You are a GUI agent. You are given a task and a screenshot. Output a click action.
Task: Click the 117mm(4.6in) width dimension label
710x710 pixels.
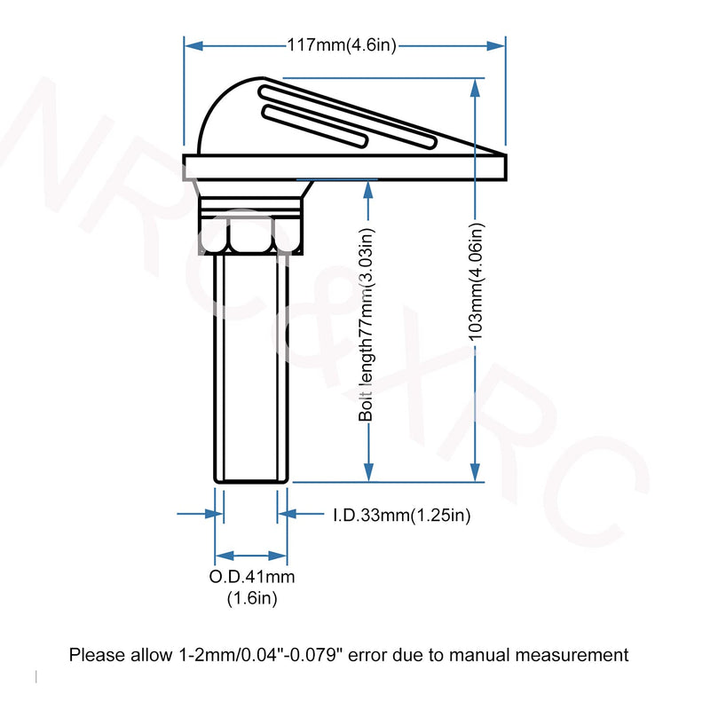click(x=342, y=45)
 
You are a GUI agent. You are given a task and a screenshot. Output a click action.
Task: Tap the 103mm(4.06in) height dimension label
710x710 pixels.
click(x=476, y=281)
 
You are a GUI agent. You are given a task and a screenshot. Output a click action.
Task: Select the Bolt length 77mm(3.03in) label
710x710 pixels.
click(x=367, y=324)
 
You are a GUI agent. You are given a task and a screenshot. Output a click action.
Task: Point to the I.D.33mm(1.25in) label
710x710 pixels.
click(x=402, y=515)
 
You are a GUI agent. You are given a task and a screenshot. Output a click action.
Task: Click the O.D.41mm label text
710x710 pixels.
click(x=252, y=576)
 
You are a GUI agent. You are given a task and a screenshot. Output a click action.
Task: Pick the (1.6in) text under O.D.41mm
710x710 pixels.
click(x=252, y=598)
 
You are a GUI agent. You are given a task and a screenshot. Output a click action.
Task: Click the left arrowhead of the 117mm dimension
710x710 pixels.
click(x=193, y=46)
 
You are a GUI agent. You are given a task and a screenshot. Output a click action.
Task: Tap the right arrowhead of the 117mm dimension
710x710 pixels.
click(x=495, y=46)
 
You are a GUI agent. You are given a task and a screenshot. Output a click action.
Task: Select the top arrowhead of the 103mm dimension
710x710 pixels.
click(x=475, y=88)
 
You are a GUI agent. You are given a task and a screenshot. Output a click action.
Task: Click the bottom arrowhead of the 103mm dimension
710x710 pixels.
click(x=475, y=472)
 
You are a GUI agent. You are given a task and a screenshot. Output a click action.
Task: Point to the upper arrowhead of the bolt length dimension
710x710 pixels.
click(x=368, y=190)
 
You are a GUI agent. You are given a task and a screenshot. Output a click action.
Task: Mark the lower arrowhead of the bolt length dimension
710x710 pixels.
click(x=368, y=472)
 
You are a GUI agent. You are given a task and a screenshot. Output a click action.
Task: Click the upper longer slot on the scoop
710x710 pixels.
click(x=348, y=117)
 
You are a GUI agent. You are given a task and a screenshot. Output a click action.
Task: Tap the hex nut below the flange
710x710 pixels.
click(x=251, y=235)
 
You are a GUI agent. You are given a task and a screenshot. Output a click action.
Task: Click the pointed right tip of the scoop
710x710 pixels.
click(x=505, y=155)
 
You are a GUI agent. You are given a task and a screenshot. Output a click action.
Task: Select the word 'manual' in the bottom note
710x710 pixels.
click(x=479, y=655)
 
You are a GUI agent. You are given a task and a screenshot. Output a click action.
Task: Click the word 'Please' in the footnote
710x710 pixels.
click(x=98, y=655)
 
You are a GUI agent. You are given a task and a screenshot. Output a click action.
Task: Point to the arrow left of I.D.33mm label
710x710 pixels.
click(x=300, y=514)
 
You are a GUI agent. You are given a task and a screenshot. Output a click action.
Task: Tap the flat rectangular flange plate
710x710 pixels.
click(x=344, y=168)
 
